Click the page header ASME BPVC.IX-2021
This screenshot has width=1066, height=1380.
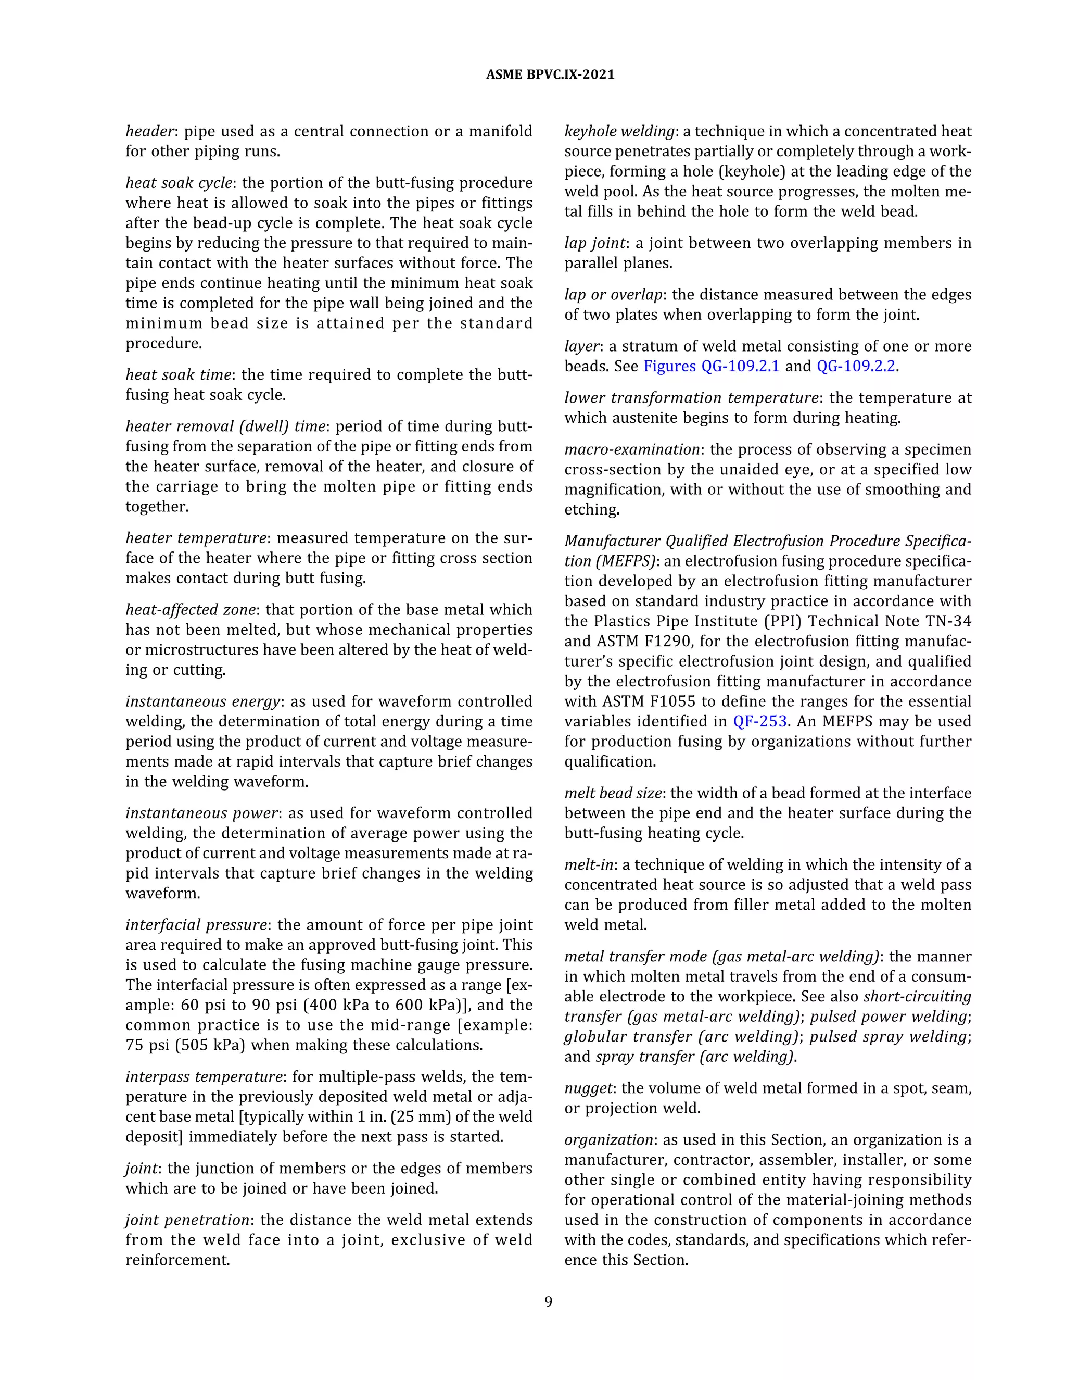pyautogui.click(x=550, y=74)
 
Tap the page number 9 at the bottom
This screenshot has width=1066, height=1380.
pyautogui.click(x=548, y=1302)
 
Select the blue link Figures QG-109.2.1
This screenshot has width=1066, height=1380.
pyautogui.click(x=711, y=366)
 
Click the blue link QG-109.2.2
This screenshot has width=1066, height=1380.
pyautogui.click(x=856, y=366)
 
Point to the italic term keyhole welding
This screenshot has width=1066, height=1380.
pyautogui.click(x=619, y=131)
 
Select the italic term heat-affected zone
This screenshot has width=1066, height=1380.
pyautogui.click(x=191, y=610)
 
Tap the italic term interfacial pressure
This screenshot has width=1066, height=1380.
pyautogui.click(x=196, y=925)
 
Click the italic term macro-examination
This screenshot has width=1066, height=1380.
pyautogui.click(x=631, y=449)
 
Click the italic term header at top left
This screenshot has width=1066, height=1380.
pyautogui.click(x=150, y=131)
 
